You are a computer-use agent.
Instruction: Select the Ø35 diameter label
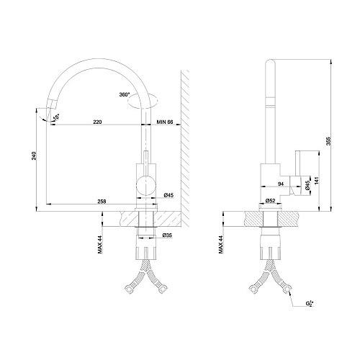click(x=166, y=235)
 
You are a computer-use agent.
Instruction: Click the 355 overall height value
click(x=329, y=142)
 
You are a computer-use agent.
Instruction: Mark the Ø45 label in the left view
click(x=168, y=195)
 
